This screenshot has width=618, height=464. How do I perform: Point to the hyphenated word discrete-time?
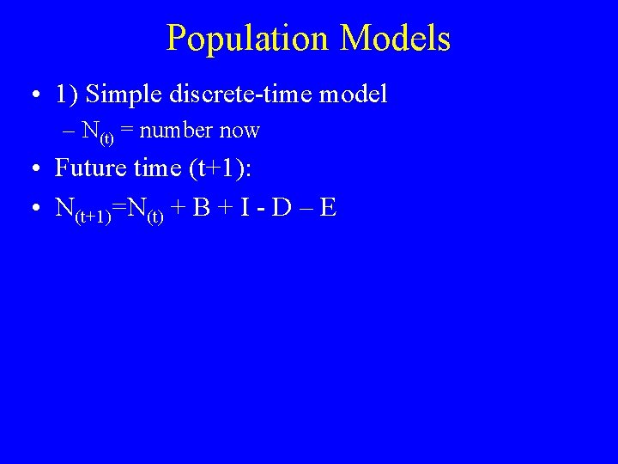pyautogui.click(x=242, y=94)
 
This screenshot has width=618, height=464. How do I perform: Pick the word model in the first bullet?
pyautogui.click(x=354, y=94)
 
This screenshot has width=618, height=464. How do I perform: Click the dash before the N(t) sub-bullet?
pyautogui.click(x=69, y=131)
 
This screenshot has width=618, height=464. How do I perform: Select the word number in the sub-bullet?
pyautogui.click(x=176, y=131)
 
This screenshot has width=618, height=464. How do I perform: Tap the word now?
pyautogui.click(x=239, y=131)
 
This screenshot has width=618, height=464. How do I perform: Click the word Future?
pyautogui.click(x=89, y=168)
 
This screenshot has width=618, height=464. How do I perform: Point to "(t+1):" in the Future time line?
pyautogui.click(x=217, y=168)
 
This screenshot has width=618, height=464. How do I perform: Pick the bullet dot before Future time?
pyautogui.click(x=31, y=169)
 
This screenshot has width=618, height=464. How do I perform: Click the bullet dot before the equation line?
pyautogui.click(x=31, y=209)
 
